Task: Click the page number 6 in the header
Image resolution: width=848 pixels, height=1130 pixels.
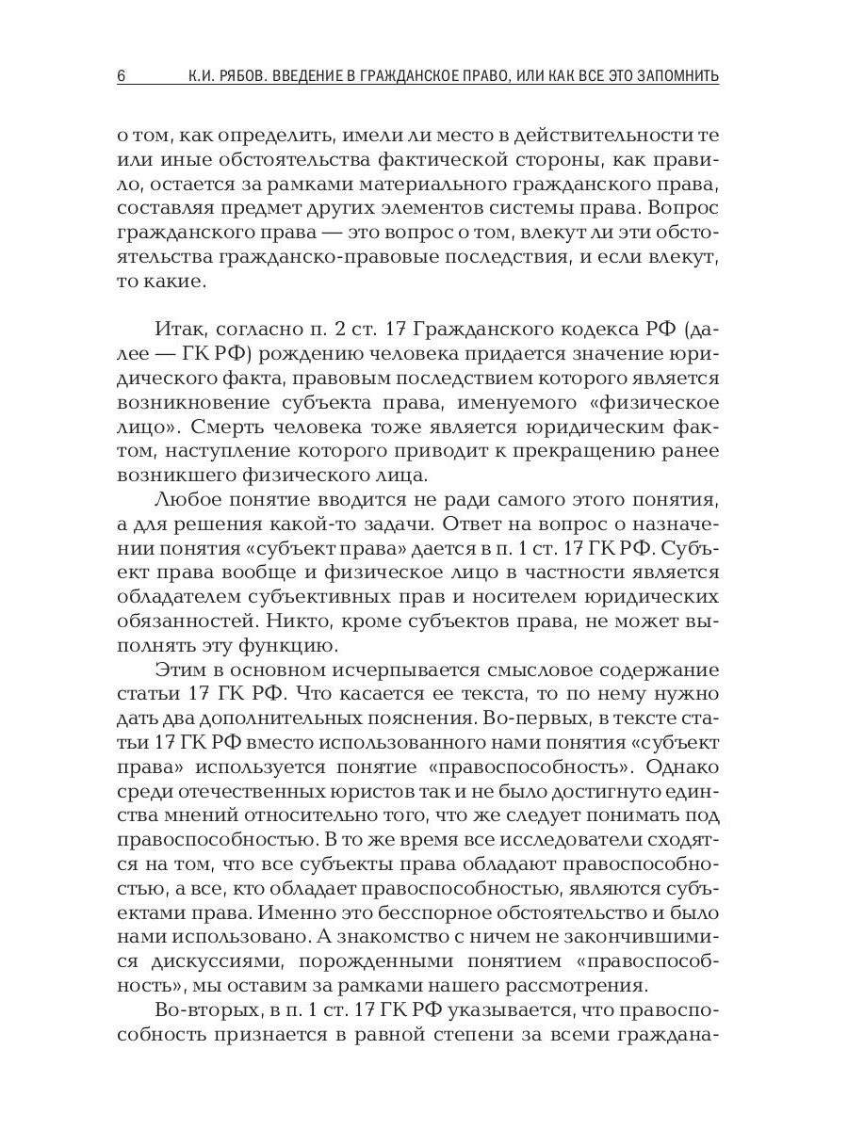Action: coord(122,76)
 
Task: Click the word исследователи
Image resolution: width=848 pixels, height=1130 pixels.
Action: coord(559,842)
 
